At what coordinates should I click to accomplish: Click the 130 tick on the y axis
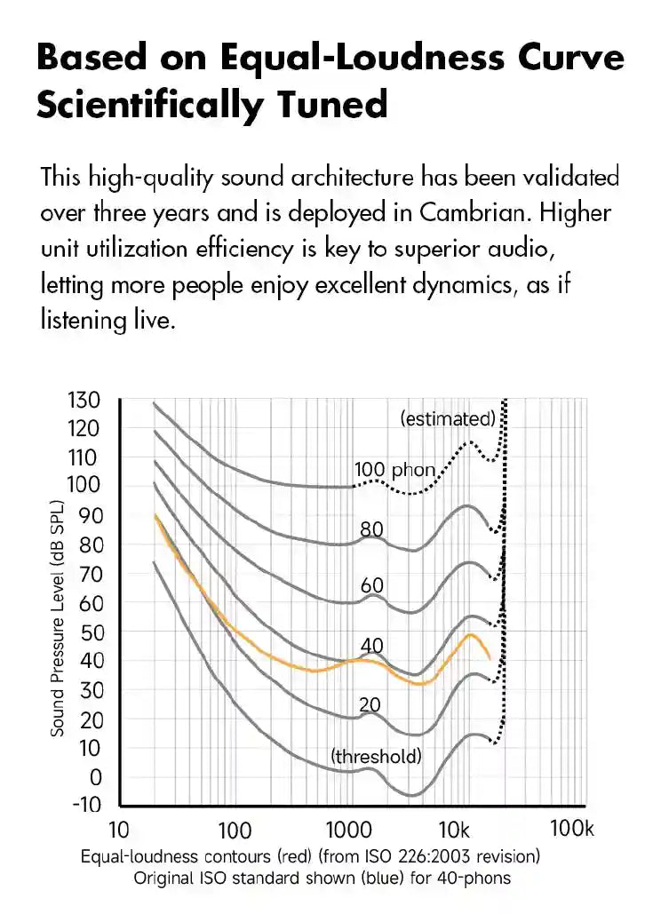point(84,401)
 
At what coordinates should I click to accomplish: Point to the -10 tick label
point(87,805)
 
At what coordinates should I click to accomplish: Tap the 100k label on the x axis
point(572,829)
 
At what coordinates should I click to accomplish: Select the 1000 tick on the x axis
point(349,830)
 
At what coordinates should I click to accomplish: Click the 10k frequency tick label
point(454,830)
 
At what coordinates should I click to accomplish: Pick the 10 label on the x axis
point(119,830)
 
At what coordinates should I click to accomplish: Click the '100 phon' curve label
point(394,470)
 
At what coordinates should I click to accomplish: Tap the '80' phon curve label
point(372,529)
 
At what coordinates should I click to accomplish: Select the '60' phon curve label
point(372,584)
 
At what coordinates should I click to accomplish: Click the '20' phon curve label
point(370,704)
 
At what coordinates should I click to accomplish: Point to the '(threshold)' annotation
point(376,756)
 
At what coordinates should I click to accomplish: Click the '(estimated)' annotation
point(448,418)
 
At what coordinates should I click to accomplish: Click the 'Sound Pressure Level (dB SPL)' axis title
point(57,618)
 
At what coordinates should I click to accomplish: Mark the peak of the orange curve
point(470,634)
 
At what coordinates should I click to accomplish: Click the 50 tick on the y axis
point(92,632)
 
